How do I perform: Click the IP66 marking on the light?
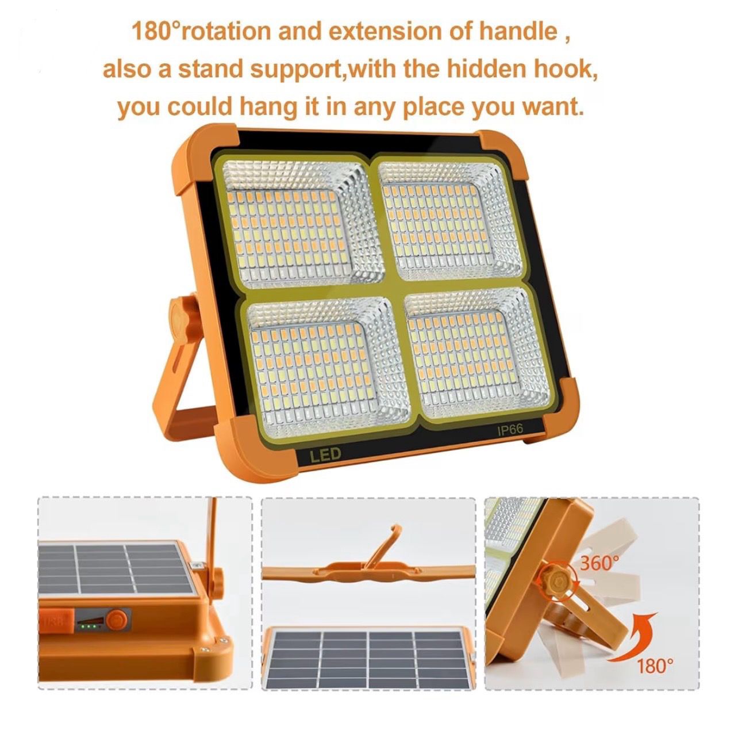pos(510,429)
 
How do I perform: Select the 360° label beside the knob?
pos(598,563)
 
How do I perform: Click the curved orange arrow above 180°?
pos(633,635)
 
